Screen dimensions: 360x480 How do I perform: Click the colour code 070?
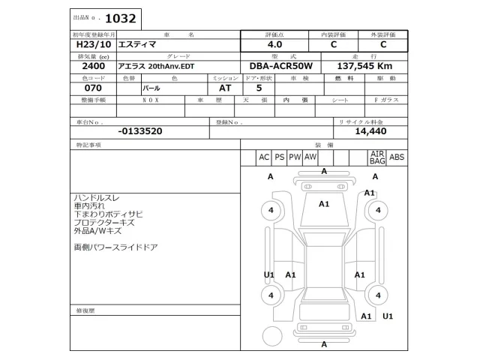click(x=83, y=88)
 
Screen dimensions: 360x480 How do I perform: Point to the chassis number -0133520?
click(x=140, y=130)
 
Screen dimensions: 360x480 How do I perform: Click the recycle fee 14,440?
click(x=370, y=130)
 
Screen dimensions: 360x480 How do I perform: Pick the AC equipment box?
click(x=263, y=157)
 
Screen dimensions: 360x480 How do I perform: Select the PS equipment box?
click(x=279, y=157)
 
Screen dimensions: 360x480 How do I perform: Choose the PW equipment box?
click(x=295, y=157)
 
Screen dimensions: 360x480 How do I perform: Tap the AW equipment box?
click(x=310, y=157)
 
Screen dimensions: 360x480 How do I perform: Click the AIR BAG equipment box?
click(x=376, y=157)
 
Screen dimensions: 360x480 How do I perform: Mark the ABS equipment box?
click(x=397, y=157)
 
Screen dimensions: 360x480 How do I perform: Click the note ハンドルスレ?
click(x=98, y=196)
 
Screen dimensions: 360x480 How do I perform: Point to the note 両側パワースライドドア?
click(x=115, y=247)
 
